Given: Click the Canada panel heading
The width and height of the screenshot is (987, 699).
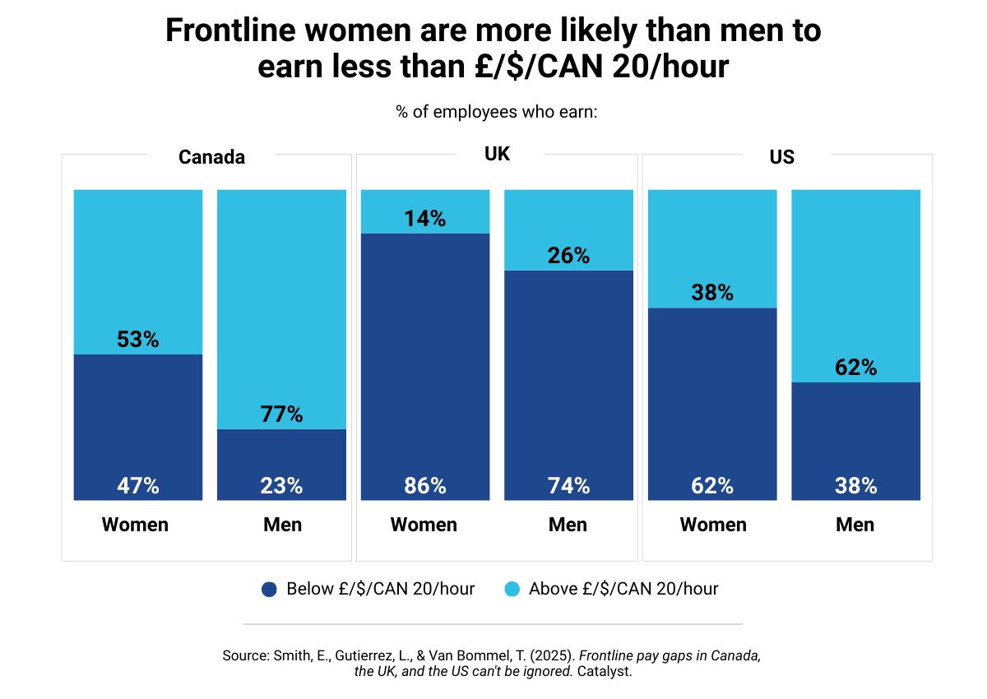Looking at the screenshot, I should [x=211, y=157].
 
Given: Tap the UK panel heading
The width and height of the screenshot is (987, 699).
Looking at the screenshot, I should [x=498, y=154].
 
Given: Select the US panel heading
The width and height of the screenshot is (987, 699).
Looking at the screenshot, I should [x=782, y=156].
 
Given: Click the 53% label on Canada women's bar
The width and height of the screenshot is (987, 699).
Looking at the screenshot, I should [x=137, y=339].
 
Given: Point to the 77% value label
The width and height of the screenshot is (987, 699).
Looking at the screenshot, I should [x=281, y=414].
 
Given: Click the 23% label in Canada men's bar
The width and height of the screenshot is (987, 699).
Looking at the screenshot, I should [x=281, y=486].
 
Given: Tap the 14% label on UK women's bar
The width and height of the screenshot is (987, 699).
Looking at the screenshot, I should [x=424, y=219].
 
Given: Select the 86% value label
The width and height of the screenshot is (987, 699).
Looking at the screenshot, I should [x=424, y=486].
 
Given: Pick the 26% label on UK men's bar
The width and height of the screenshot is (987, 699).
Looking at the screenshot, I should [x=568, y=256].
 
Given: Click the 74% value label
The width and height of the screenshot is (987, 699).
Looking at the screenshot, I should [x=568, y=486].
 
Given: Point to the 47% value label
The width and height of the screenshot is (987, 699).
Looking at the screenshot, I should [x=137, y=486].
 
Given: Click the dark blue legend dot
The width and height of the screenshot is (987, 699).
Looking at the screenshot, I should [x=268, y=589].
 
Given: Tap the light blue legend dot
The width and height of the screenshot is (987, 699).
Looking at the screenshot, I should [x=511, y=589].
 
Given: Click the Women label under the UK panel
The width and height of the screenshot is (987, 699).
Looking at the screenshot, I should [x=424, y=525].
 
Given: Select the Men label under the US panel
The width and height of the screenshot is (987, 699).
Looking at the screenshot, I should [x=855, y=525].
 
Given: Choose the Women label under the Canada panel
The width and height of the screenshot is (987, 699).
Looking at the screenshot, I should [x=135, y=525].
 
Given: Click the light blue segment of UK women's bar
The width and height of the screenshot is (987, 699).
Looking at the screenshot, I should [x=424, y=201].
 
